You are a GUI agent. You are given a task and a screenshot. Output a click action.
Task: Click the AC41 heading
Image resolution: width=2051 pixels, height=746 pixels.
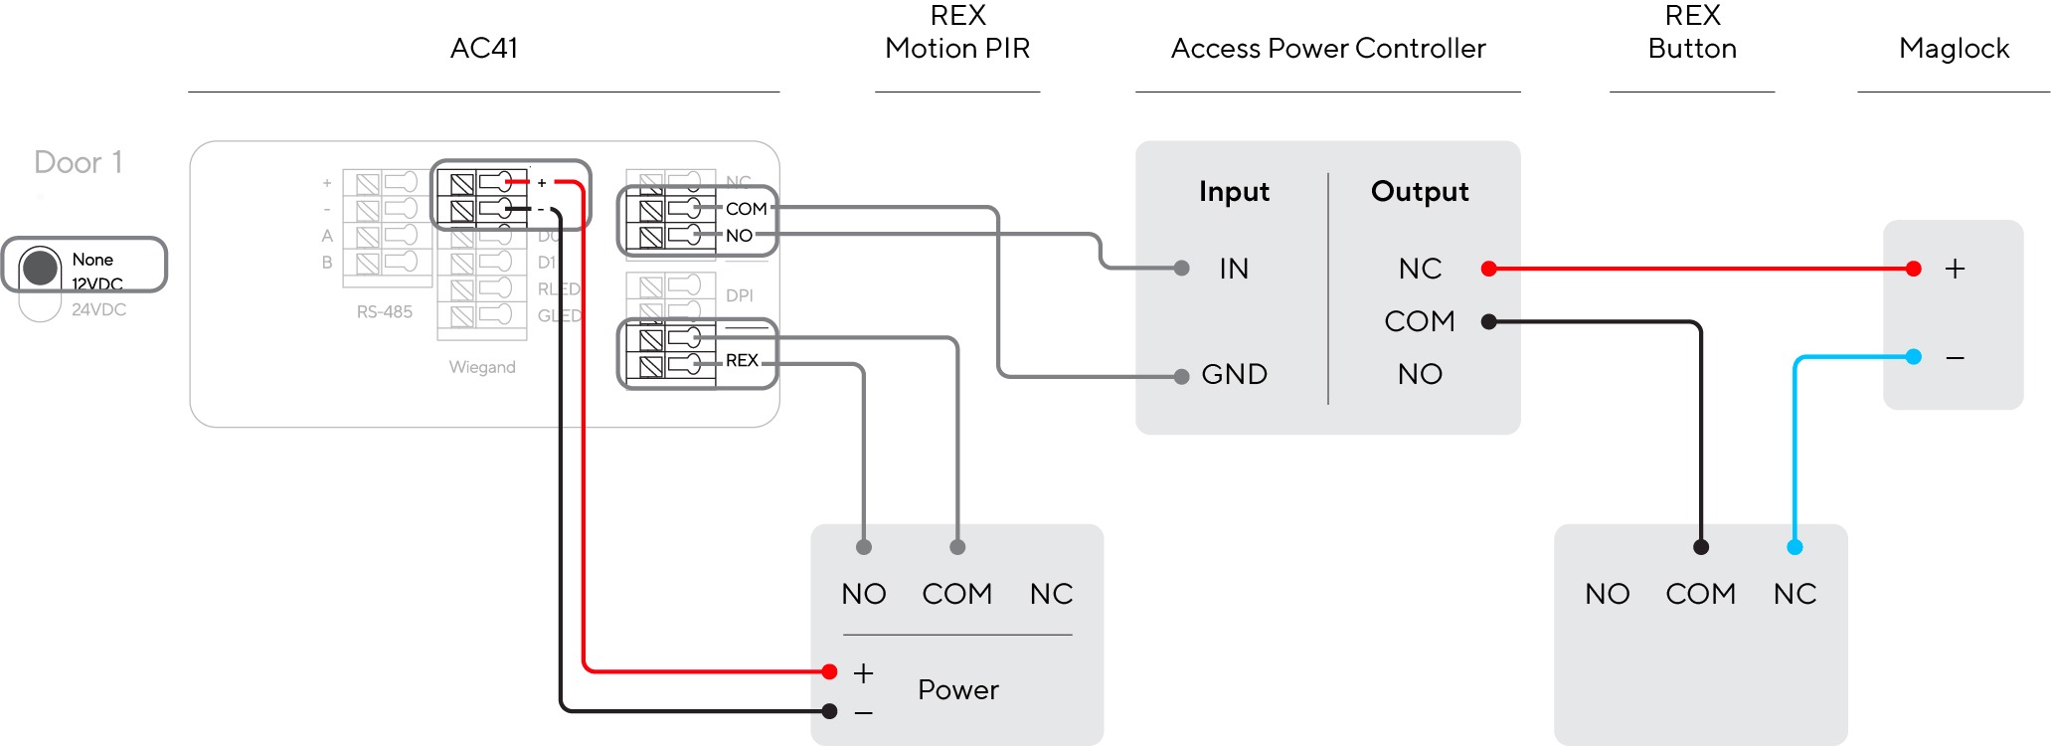[x=484, y=49]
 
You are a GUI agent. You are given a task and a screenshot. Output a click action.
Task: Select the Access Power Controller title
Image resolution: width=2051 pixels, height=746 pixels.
[x=1327, y=49]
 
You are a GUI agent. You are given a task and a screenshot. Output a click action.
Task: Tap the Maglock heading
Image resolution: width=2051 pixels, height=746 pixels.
[x=1954, y=49]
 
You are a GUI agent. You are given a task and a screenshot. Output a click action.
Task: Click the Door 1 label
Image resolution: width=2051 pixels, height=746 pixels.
[x=79, y=162]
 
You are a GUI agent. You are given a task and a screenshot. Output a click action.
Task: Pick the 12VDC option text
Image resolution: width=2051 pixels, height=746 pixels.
[x=97, y=284]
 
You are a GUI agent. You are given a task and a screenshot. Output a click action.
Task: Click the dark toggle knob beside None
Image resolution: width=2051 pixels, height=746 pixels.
[x=41, y=267]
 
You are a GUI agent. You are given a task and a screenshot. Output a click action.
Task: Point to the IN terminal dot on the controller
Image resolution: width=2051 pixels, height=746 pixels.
[x=1181, y=269]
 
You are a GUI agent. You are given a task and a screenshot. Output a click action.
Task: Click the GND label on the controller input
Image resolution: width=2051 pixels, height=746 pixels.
[x=1234, y=374]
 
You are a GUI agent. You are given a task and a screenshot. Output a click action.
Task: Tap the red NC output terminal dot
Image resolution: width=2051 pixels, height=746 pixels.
[x=1488, y=269]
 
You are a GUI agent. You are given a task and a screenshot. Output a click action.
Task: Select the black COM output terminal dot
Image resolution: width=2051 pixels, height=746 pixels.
[x=1488, y=321]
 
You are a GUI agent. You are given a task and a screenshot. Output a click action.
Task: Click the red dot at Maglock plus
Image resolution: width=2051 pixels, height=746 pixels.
[x=1914, y=269]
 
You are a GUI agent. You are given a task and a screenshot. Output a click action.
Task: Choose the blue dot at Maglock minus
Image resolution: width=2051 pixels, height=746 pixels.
[x=1914, y=356]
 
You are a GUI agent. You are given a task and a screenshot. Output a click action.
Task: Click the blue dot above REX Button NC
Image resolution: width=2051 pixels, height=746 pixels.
[x=1795, y=547]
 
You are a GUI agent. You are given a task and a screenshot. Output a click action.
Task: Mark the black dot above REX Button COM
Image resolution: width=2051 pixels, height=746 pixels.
[x=1701, y=547]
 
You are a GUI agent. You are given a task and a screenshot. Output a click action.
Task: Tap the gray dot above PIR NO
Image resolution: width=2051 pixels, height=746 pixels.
[x=864, y=547]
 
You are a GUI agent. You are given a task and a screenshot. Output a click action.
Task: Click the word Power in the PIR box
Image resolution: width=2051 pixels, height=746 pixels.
[x=957, y=689]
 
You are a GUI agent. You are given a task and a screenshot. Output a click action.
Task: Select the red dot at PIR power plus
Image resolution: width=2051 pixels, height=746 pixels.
[x=830, y=672]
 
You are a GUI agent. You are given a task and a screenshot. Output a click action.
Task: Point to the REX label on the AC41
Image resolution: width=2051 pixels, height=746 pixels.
[x=742, y=360]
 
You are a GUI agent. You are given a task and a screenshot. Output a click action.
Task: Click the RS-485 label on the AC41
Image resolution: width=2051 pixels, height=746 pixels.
[x=385, y=312]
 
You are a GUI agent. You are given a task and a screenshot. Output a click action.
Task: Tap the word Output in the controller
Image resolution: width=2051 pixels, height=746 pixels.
[x=1419, y=191]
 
